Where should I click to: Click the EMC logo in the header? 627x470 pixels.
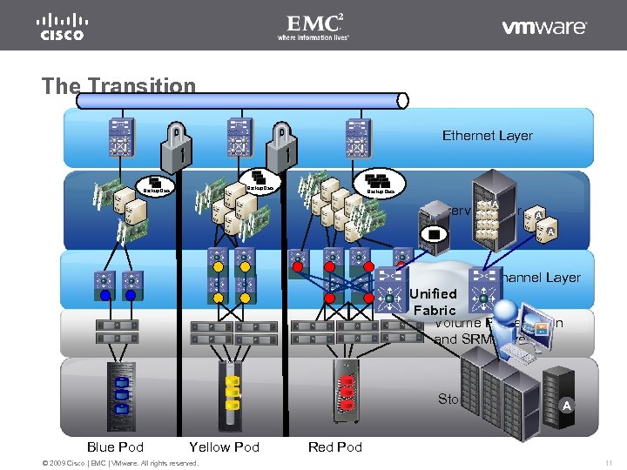(313, 26)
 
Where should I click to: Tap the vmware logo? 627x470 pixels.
(544, 27)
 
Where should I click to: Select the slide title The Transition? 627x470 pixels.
(119, 85)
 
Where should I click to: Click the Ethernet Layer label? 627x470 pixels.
(487, 135)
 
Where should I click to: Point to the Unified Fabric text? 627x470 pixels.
(434, 302)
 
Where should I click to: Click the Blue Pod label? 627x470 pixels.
(115, 446)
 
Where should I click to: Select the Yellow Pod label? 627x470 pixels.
(224, 446)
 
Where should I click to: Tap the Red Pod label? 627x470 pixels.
(335, 446)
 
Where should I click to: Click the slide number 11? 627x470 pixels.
(609, 462)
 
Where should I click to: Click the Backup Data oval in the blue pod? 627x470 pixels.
(158, 186)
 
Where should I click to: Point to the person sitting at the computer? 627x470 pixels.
(513, 326)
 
